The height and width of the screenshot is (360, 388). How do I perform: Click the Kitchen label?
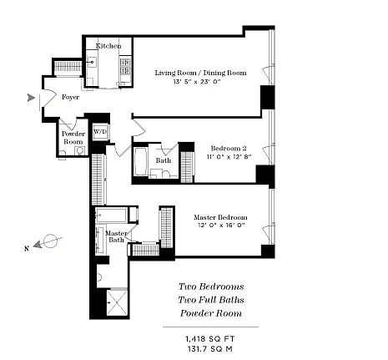(108, 46)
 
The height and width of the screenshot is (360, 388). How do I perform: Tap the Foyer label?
(70, 97)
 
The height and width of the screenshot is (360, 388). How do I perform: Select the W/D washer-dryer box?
(100, 132)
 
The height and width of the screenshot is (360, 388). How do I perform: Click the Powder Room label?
(73, 138)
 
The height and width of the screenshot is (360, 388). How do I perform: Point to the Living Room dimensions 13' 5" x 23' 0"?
(197, 82)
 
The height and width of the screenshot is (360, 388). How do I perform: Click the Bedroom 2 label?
(229, 148)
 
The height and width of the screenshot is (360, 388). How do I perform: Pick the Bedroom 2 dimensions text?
(229, 157)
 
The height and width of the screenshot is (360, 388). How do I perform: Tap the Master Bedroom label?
(220, 217)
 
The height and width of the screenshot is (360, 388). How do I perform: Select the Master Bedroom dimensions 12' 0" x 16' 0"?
(221, 226)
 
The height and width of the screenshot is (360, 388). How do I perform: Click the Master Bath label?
(116, 236)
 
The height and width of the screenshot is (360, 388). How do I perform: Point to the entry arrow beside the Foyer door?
(31, 98)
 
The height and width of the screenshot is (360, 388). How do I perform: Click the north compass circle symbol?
(51, 241)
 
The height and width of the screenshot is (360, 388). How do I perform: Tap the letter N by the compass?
(27, 249)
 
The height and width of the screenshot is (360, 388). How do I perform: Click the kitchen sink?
(91, 63)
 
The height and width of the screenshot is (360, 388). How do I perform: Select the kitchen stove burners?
(125, 66)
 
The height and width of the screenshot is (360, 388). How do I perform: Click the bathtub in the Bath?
(140, 161)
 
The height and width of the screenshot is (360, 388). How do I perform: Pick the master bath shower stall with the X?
(117, 302)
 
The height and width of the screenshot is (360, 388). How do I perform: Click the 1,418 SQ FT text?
(210, 339)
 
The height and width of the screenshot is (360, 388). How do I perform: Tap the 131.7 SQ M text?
(210, 349)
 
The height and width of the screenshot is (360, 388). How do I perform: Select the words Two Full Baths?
(211, 300)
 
